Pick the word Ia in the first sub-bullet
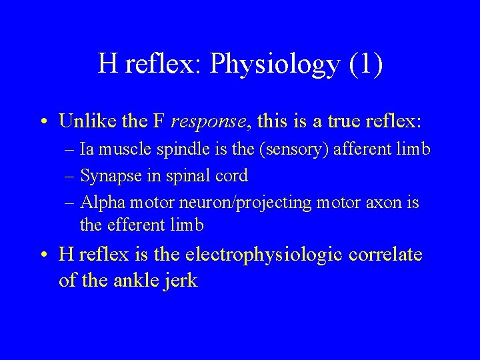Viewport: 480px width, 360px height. pyautogui.click(x=87, y=150)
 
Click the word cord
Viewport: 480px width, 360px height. pyautogui.click(x=233, y=176)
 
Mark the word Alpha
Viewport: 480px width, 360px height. pyautogui.click(x=99, y=202)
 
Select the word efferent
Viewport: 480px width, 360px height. pyautogui.click(x=138, y=225)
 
